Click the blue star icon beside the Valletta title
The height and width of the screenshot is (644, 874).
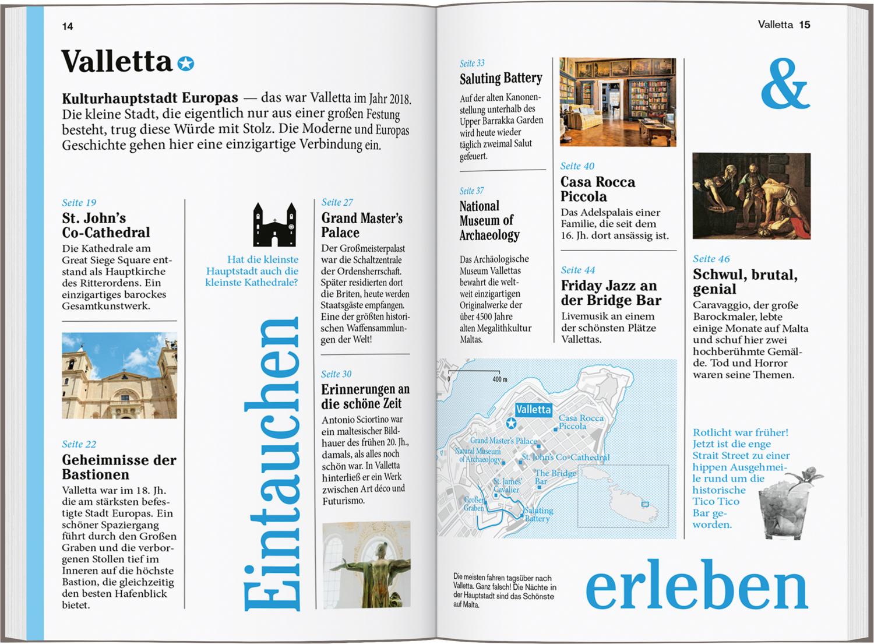point(185,63)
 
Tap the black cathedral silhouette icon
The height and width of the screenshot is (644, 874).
point(274,225)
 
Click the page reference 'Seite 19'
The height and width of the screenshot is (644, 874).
point(79,203)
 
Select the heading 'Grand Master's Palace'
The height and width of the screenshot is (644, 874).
point(362,225)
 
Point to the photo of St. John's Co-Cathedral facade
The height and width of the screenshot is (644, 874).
point(119,375)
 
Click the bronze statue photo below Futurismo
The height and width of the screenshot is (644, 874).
point(366,564)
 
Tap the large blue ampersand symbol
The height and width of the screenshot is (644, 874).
point(784,86)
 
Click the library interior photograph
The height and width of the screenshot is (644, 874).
point(618,102)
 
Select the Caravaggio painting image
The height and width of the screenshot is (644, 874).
point(751,196)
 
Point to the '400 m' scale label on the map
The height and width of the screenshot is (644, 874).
point(499,379)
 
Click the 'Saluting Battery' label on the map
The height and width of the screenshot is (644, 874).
point(538,514)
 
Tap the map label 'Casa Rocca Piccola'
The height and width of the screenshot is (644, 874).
point(581,422)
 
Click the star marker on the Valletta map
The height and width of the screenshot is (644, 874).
point(511,423)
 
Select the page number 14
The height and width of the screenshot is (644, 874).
point(68,26)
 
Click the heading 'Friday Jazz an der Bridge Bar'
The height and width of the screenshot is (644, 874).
point(611,293)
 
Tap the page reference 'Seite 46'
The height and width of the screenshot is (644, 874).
point(711,259)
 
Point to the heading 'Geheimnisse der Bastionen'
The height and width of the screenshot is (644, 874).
point(119,467)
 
